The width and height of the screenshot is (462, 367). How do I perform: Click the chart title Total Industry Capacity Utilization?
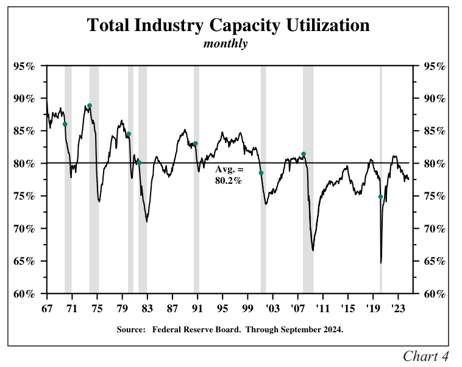click(228, 26)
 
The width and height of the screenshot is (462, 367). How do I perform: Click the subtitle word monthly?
click(226, 44)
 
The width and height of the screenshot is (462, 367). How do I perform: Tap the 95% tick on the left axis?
click(24, 66)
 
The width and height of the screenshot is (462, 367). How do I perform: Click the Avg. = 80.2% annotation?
click(229, 176)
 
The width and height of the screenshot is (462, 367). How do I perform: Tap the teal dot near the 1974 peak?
click(90, 106)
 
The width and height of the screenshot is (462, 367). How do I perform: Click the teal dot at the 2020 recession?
click(380, 197)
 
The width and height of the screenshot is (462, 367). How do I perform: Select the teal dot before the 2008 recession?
click(304, 154)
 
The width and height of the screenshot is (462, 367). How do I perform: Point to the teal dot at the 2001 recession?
click(261, 173)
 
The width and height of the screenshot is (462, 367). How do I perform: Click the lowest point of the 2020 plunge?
click(381, 263)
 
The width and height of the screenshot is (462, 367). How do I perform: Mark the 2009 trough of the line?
click(313, 250)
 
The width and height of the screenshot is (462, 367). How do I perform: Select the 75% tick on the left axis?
click(24, 196)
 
